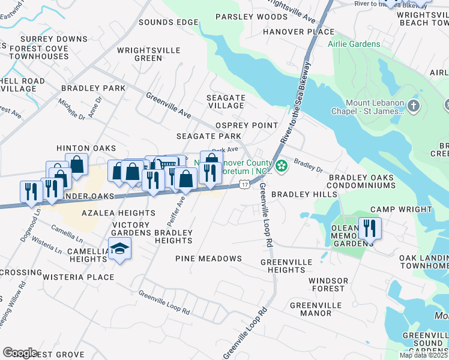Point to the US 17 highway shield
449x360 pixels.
coord(244,184)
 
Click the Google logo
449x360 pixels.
coord(20,352)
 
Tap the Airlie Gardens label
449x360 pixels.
coord(354,44)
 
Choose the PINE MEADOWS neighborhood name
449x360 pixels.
coord(208,259)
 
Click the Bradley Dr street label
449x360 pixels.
coord(308,165)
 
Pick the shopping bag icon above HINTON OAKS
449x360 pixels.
coord(77,164)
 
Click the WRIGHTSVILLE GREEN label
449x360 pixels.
coord(139,55)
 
